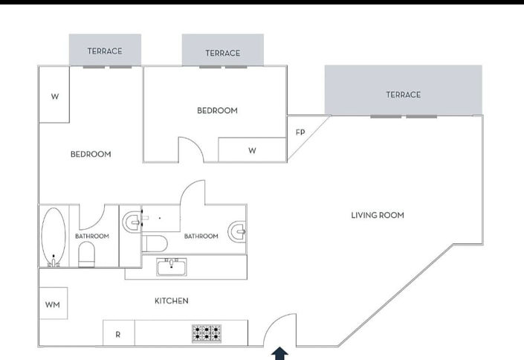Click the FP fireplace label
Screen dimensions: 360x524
pyautogui.click(x=300, y=132)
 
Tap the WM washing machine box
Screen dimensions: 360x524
pyautogui.click(x=53, y=303)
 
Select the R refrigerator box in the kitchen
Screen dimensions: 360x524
pyautogui.click(x=117, y=334)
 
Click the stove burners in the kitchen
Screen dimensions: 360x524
pyautogui.click(x=207, y=332)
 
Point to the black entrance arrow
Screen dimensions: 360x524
pyautogui.click(x=279, y=353)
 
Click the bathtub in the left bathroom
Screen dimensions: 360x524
pyautogui.click(x=53, y=237)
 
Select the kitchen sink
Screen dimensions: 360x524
pyautogui.click(x=172, y=266)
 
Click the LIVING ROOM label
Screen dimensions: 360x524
pyautogui.click(x=377, y=216)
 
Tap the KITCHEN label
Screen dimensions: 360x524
pyautogui.click(x=171, y=301)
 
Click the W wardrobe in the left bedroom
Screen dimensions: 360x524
pyautogui.click(x=54, y=96)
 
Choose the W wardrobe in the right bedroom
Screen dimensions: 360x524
pyautogui.click(x=252, y=150)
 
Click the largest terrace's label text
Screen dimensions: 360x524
pyautogui.click(x=403, y=94)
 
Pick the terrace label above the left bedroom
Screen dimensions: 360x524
pyautogui.click(x=104, y=51)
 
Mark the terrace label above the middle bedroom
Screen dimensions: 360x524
pyautogui.click(x=222, y=53)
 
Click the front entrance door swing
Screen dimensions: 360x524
pyautogui.click(x=281, y=331)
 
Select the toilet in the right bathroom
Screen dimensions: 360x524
pyautogui.click(x=155, y=243)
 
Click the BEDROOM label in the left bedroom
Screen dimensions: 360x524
pyautogui.click(x=91, y=155)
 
